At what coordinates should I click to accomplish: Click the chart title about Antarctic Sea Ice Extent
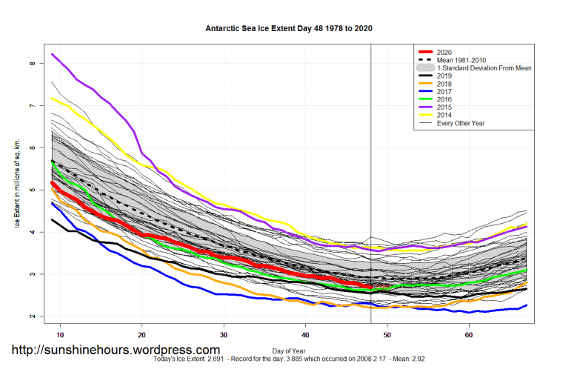(x=289, y=28)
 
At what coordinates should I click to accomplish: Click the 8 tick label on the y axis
(x=33, y=64)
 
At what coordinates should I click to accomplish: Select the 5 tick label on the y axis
(x=33, y=190)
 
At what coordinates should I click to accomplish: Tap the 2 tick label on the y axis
(x=33, y=316)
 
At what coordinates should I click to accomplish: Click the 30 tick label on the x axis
(x=224, y=335)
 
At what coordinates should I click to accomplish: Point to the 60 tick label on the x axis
(x=469, y=335)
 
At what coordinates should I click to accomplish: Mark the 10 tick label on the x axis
(x=60, y=335)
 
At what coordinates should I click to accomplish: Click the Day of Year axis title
(x=288, y=350)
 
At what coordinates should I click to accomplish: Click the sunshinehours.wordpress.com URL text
(x=114, y=350)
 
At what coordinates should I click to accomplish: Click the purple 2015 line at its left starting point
(x=52, y=54)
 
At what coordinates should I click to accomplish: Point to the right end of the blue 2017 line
(x=527, y=305)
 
